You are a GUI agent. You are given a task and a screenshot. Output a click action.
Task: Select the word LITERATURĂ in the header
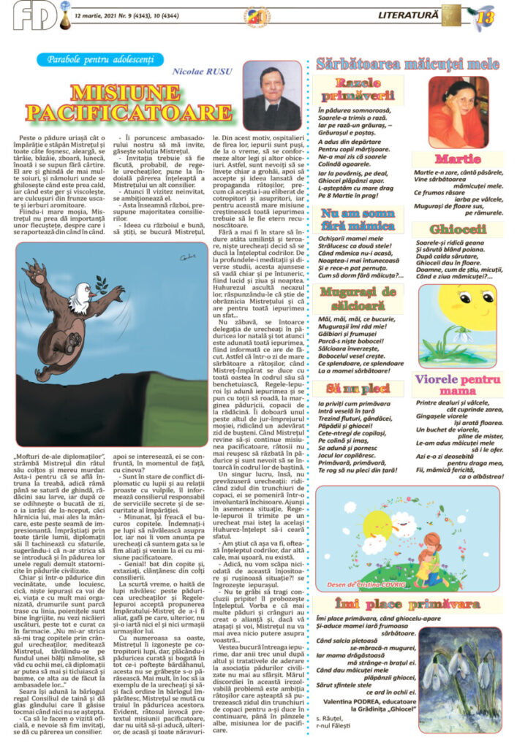tap(408, 15)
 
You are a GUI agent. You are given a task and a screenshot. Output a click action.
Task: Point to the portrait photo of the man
tap(271, 95)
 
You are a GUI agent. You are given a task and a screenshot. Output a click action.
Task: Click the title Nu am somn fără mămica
tap(358, 220)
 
